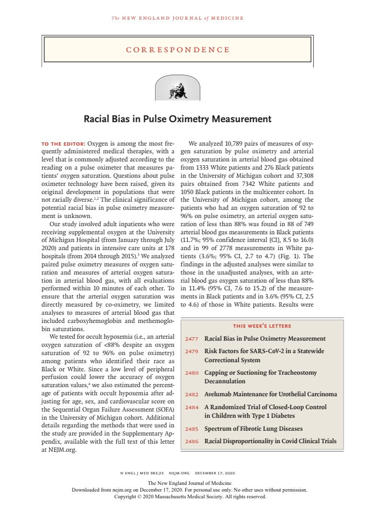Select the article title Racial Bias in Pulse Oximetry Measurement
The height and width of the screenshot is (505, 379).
click(x=178, y=119)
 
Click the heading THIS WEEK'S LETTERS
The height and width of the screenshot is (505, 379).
click(x=262, y=326)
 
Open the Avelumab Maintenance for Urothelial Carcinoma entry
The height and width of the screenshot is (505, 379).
click(x=270, y=394)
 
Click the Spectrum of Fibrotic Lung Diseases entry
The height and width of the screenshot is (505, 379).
click(x=253, y=429)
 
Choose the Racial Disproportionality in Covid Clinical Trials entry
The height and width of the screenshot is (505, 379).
click(x=270, y=441)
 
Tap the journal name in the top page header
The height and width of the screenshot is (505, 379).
click(x=178, y=18)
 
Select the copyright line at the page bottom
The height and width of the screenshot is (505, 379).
click(x=189, y=497)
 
